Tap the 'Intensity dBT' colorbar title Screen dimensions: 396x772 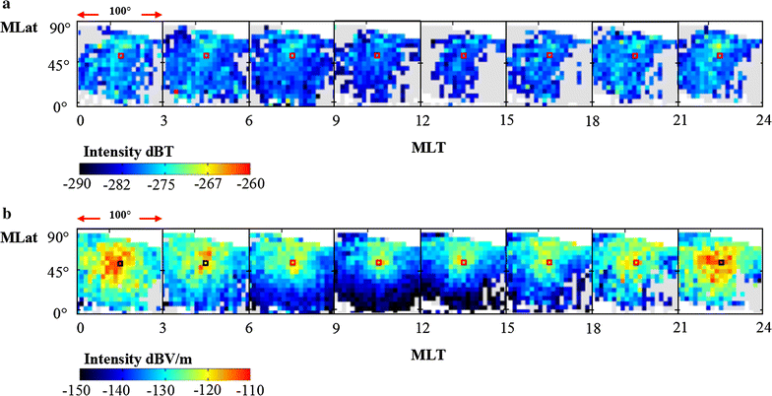[122, 153]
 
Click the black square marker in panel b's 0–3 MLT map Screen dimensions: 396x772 [120, 263]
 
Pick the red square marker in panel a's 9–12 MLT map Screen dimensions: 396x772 [377, 55]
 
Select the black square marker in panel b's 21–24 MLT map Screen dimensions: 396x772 [721, 262]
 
